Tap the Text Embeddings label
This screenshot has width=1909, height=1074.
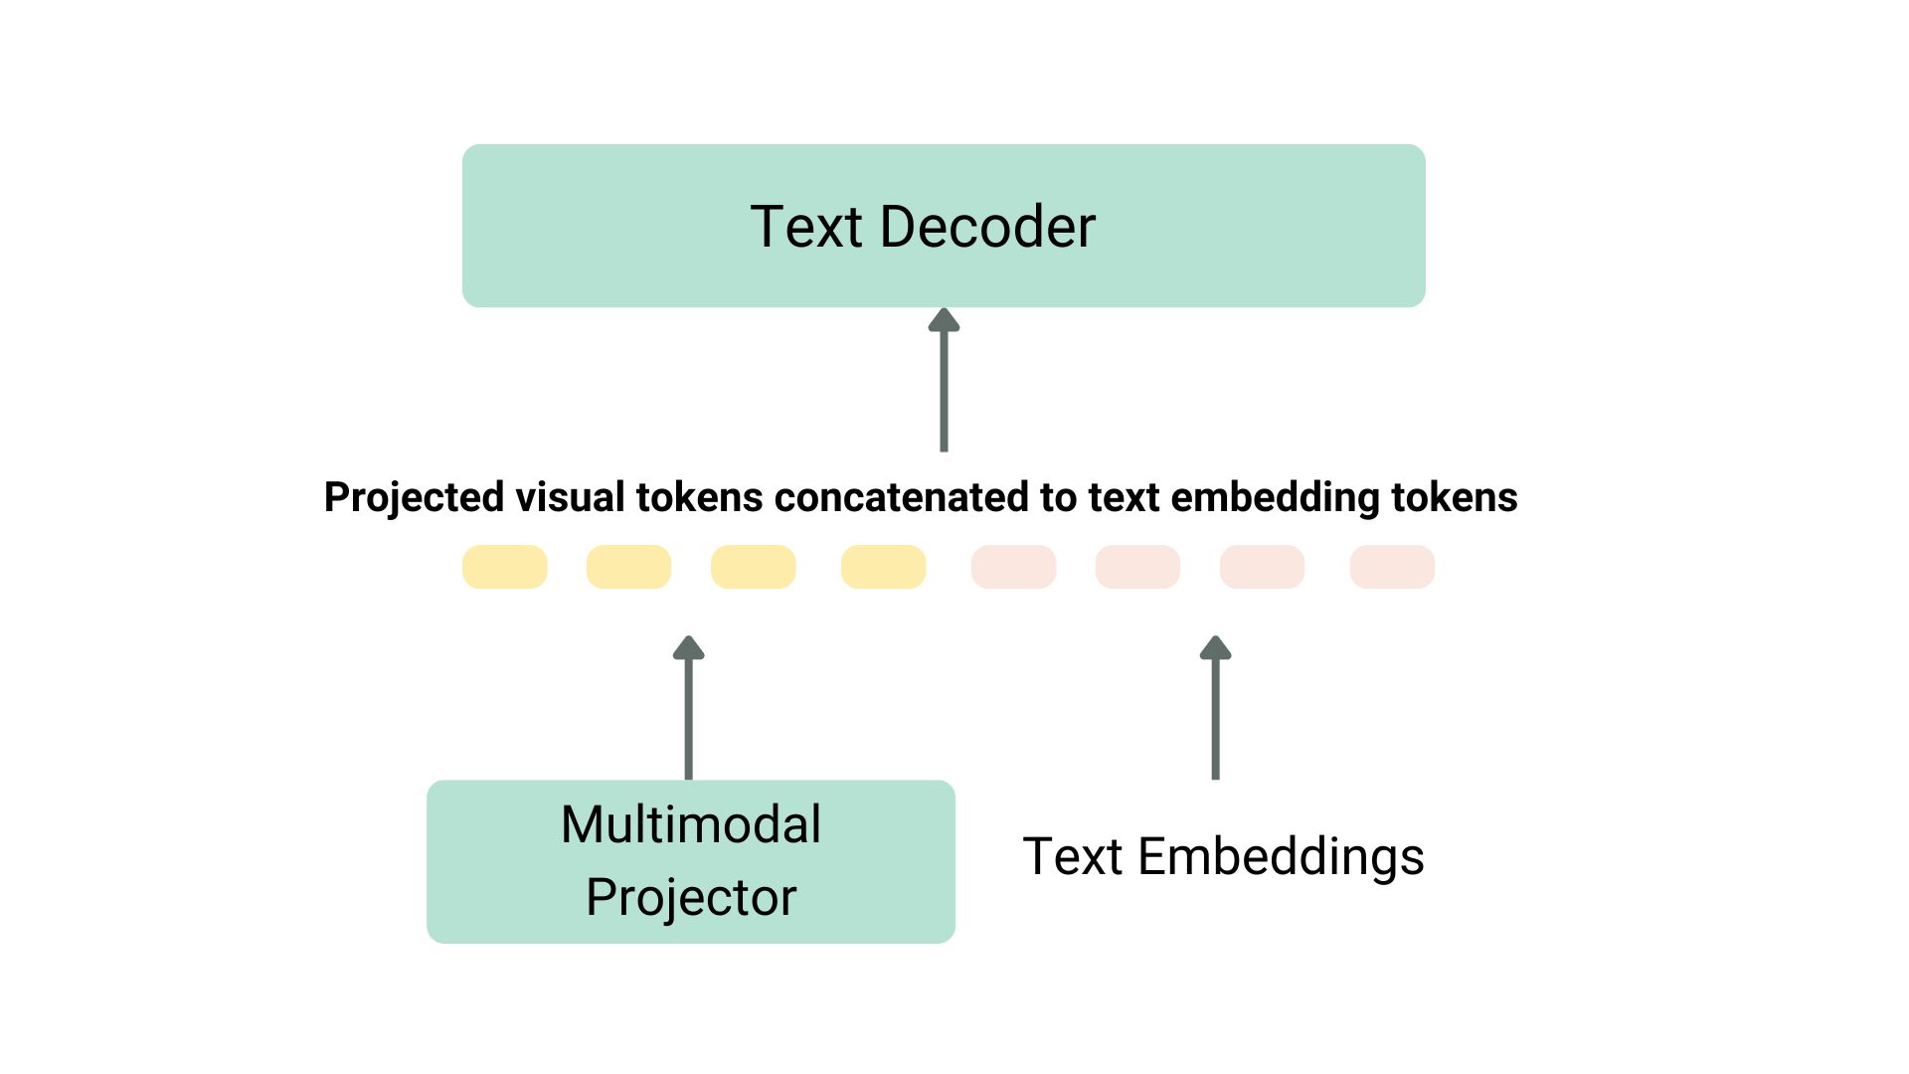[x=1223, y=856]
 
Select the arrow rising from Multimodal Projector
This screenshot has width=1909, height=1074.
[x=688, y=710]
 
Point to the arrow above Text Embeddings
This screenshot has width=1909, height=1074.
[x=1215, y=710]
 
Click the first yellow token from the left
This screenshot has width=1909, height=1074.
[x=504, y=567]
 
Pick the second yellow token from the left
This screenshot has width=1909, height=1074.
[x=628, y=567]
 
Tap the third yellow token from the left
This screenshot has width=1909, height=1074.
[x=753, y=567]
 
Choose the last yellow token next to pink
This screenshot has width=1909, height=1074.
[x=883, y=567]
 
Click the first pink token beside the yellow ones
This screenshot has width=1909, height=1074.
[x=1013, y=567]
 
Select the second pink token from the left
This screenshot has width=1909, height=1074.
[x=1137, y=567]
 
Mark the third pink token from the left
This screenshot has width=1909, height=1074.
[x=1262, y=567]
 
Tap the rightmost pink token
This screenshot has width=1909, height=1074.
[x=1392, y=567]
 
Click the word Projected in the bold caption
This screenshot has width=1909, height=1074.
[x=414, y=497]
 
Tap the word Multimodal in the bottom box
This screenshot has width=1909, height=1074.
[x=691, y=824]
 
